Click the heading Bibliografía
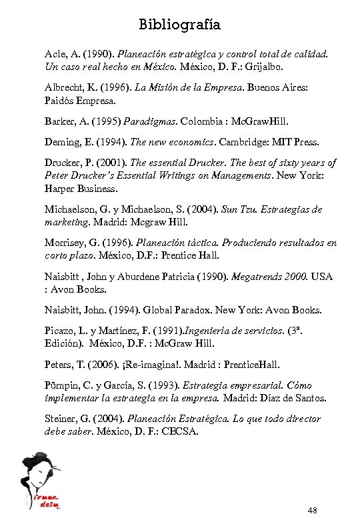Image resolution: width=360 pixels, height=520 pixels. coord(179,25)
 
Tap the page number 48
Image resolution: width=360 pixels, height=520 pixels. coord(313,511)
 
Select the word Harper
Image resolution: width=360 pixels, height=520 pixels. coord(62,189)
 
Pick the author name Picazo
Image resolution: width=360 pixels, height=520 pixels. coord(61,331)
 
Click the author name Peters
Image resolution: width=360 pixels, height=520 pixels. coord(59,365)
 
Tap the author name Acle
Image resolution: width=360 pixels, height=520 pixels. coord(57,54)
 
